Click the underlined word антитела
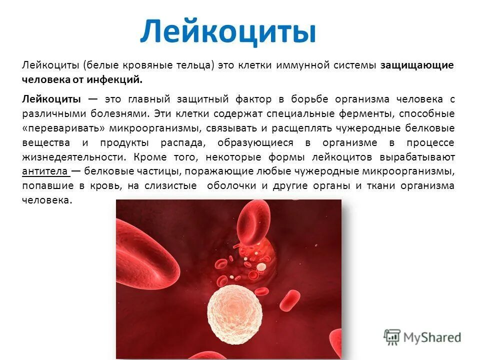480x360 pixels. click(45, 171)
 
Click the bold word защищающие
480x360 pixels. click(417, 66)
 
